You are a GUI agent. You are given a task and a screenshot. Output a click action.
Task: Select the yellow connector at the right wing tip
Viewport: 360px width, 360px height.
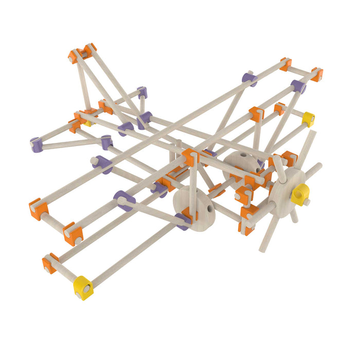[x=308, y=118]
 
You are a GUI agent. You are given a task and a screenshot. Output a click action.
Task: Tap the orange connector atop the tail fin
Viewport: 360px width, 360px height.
[x=82, y=52]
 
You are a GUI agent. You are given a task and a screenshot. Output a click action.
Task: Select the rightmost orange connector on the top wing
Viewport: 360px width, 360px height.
[x=317, y=74]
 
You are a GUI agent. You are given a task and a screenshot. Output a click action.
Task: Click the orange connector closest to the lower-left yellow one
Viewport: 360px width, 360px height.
[x=50, y=263]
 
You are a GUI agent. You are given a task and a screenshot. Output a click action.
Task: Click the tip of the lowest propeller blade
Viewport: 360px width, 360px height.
[x=262, y=250]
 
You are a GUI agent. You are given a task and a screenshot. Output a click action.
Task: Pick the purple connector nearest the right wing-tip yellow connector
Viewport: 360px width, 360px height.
[x=298, y=86]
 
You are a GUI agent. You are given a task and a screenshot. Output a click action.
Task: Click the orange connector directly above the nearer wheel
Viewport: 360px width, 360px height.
[x=190, y=156]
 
